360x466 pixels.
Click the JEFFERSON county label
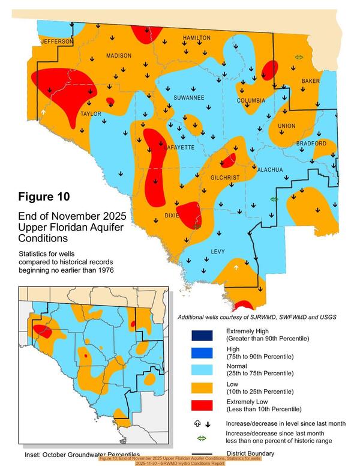tap(56, 41)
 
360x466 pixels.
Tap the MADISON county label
tap(118, 56)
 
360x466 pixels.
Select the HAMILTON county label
tap(196, 38)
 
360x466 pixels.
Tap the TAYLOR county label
tap(91, 113)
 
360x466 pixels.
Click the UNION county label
tap(286, 126)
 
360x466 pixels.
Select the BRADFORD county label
tap(311, 144)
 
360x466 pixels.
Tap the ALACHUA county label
tap(269, 170)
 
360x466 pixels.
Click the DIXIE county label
tap(172, 216)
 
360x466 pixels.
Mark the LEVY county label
tap(218, 252)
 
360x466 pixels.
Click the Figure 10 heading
tap(44, 196)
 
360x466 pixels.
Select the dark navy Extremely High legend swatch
tap(202, 334)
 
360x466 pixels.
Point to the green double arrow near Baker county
tap(299, 57)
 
